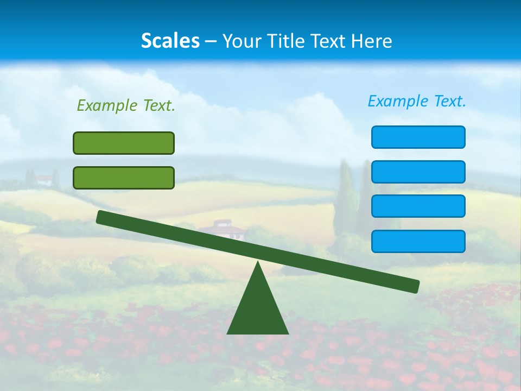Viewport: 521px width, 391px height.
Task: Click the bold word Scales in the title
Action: (x=170, y=41)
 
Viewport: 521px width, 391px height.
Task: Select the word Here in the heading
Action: (x=372, y=41)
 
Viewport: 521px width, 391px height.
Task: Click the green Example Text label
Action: (x=126, y=105)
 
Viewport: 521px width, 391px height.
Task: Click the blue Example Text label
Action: (x=417, y=101)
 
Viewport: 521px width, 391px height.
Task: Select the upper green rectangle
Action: (x=124, y=143)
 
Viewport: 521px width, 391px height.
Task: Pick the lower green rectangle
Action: (x=124, y=178)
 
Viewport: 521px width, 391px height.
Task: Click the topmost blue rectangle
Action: (x=418, y=137)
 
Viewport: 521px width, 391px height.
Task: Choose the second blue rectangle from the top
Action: (x=418, y=172)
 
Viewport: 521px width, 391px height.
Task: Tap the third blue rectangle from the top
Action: (x=418, y=206)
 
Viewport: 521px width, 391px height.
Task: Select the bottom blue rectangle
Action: (x=418, y=241)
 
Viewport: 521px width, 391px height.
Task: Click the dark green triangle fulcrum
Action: (x=258, y=310)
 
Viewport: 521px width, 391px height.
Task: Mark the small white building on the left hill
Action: (x=45, y=179)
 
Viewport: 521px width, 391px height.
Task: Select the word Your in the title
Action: (x=240, y=41)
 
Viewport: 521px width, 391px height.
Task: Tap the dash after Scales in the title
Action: (x=211, y=41)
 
